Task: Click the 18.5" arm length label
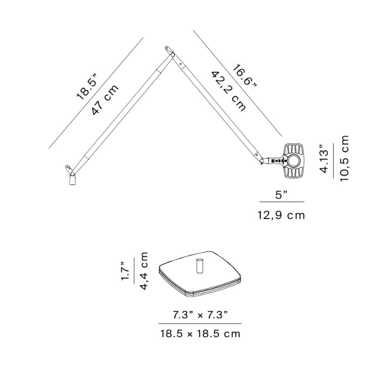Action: tap(87, 86)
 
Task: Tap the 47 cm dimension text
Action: tap(105, 100)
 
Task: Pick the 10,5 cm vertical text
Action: tap(344, 159)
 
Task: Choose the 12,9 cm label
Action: tap(281, 215)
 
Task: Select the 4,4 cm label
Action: tap(143, 271)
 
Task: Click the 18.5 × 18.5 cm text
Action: tap(200, 334)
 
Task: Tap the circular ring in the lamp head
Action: tap(294, 161)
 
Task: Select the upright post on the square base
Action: tap(199, 266)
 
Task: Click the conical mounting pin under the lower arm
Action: tap(72, 180)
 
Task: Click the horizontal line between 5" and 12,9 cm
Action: tap(282, 202)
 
